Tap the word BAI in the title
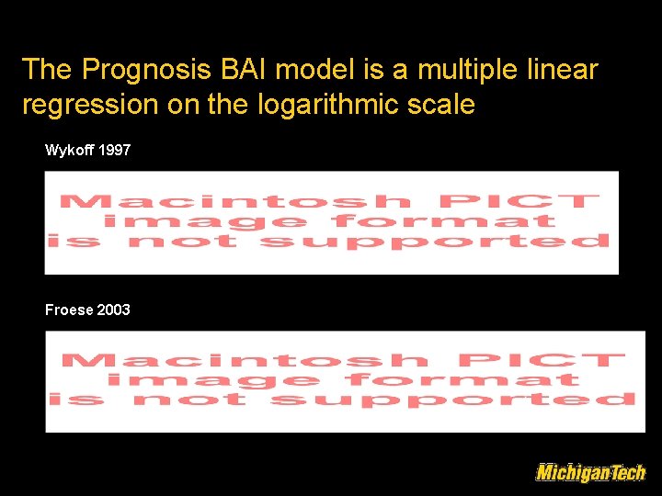pos(243,70)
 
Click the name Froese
pos(69,310)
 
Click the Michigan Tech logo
pos(590,472)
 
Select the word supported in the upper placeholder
pos(435,242)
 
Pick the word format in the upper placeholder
pos(444,221)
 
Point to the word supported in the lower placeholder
pos(452,400)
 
